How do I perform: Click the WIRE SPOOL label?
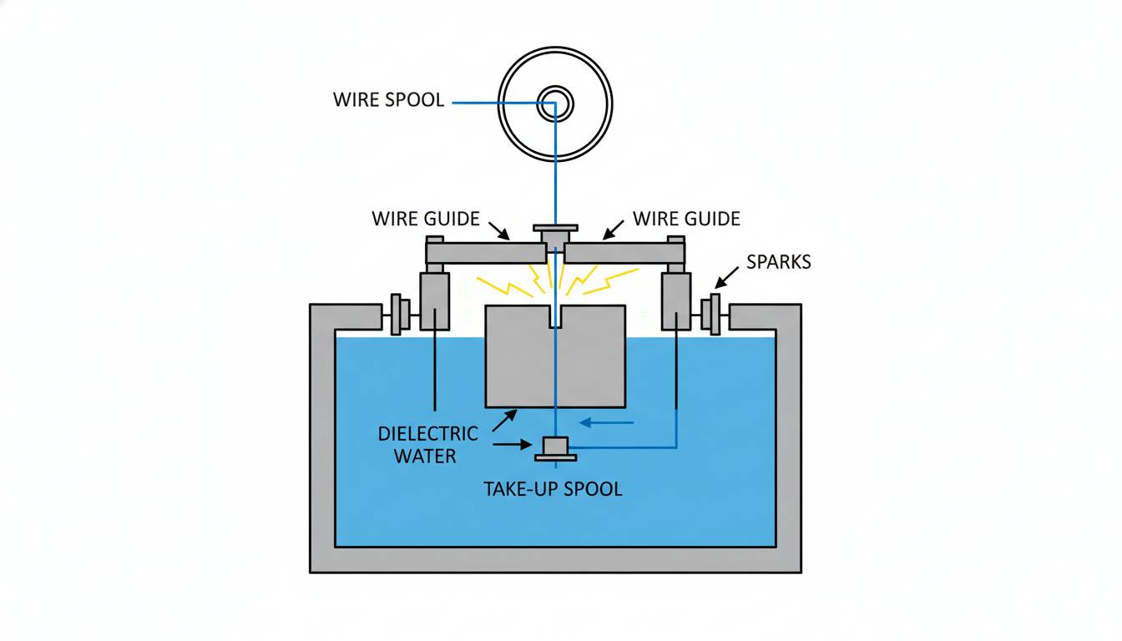click(x=388, y=101)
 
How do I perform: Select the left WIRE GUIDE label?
click(x=426, y=219)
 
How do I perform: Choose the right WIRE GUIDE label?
click(x=686, y=219)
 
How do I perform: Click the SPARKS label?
click(x=778, y=262)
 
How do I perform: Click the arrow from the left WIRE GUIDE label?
click(x=498, y=230)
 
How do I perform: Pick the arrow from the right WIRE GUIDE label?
click(x=614, y=230)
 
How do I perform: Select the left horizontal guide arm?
click(x=484, y=253)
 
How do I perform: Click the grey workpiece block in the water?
click(x=518, y=359)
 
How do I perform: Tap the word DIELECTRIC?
click(x=427, y=434)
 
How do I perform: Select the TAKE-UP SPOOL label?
click(x=553, y=489)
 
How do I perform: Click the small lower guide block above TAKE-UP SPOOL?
click(x=555, y=448)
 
